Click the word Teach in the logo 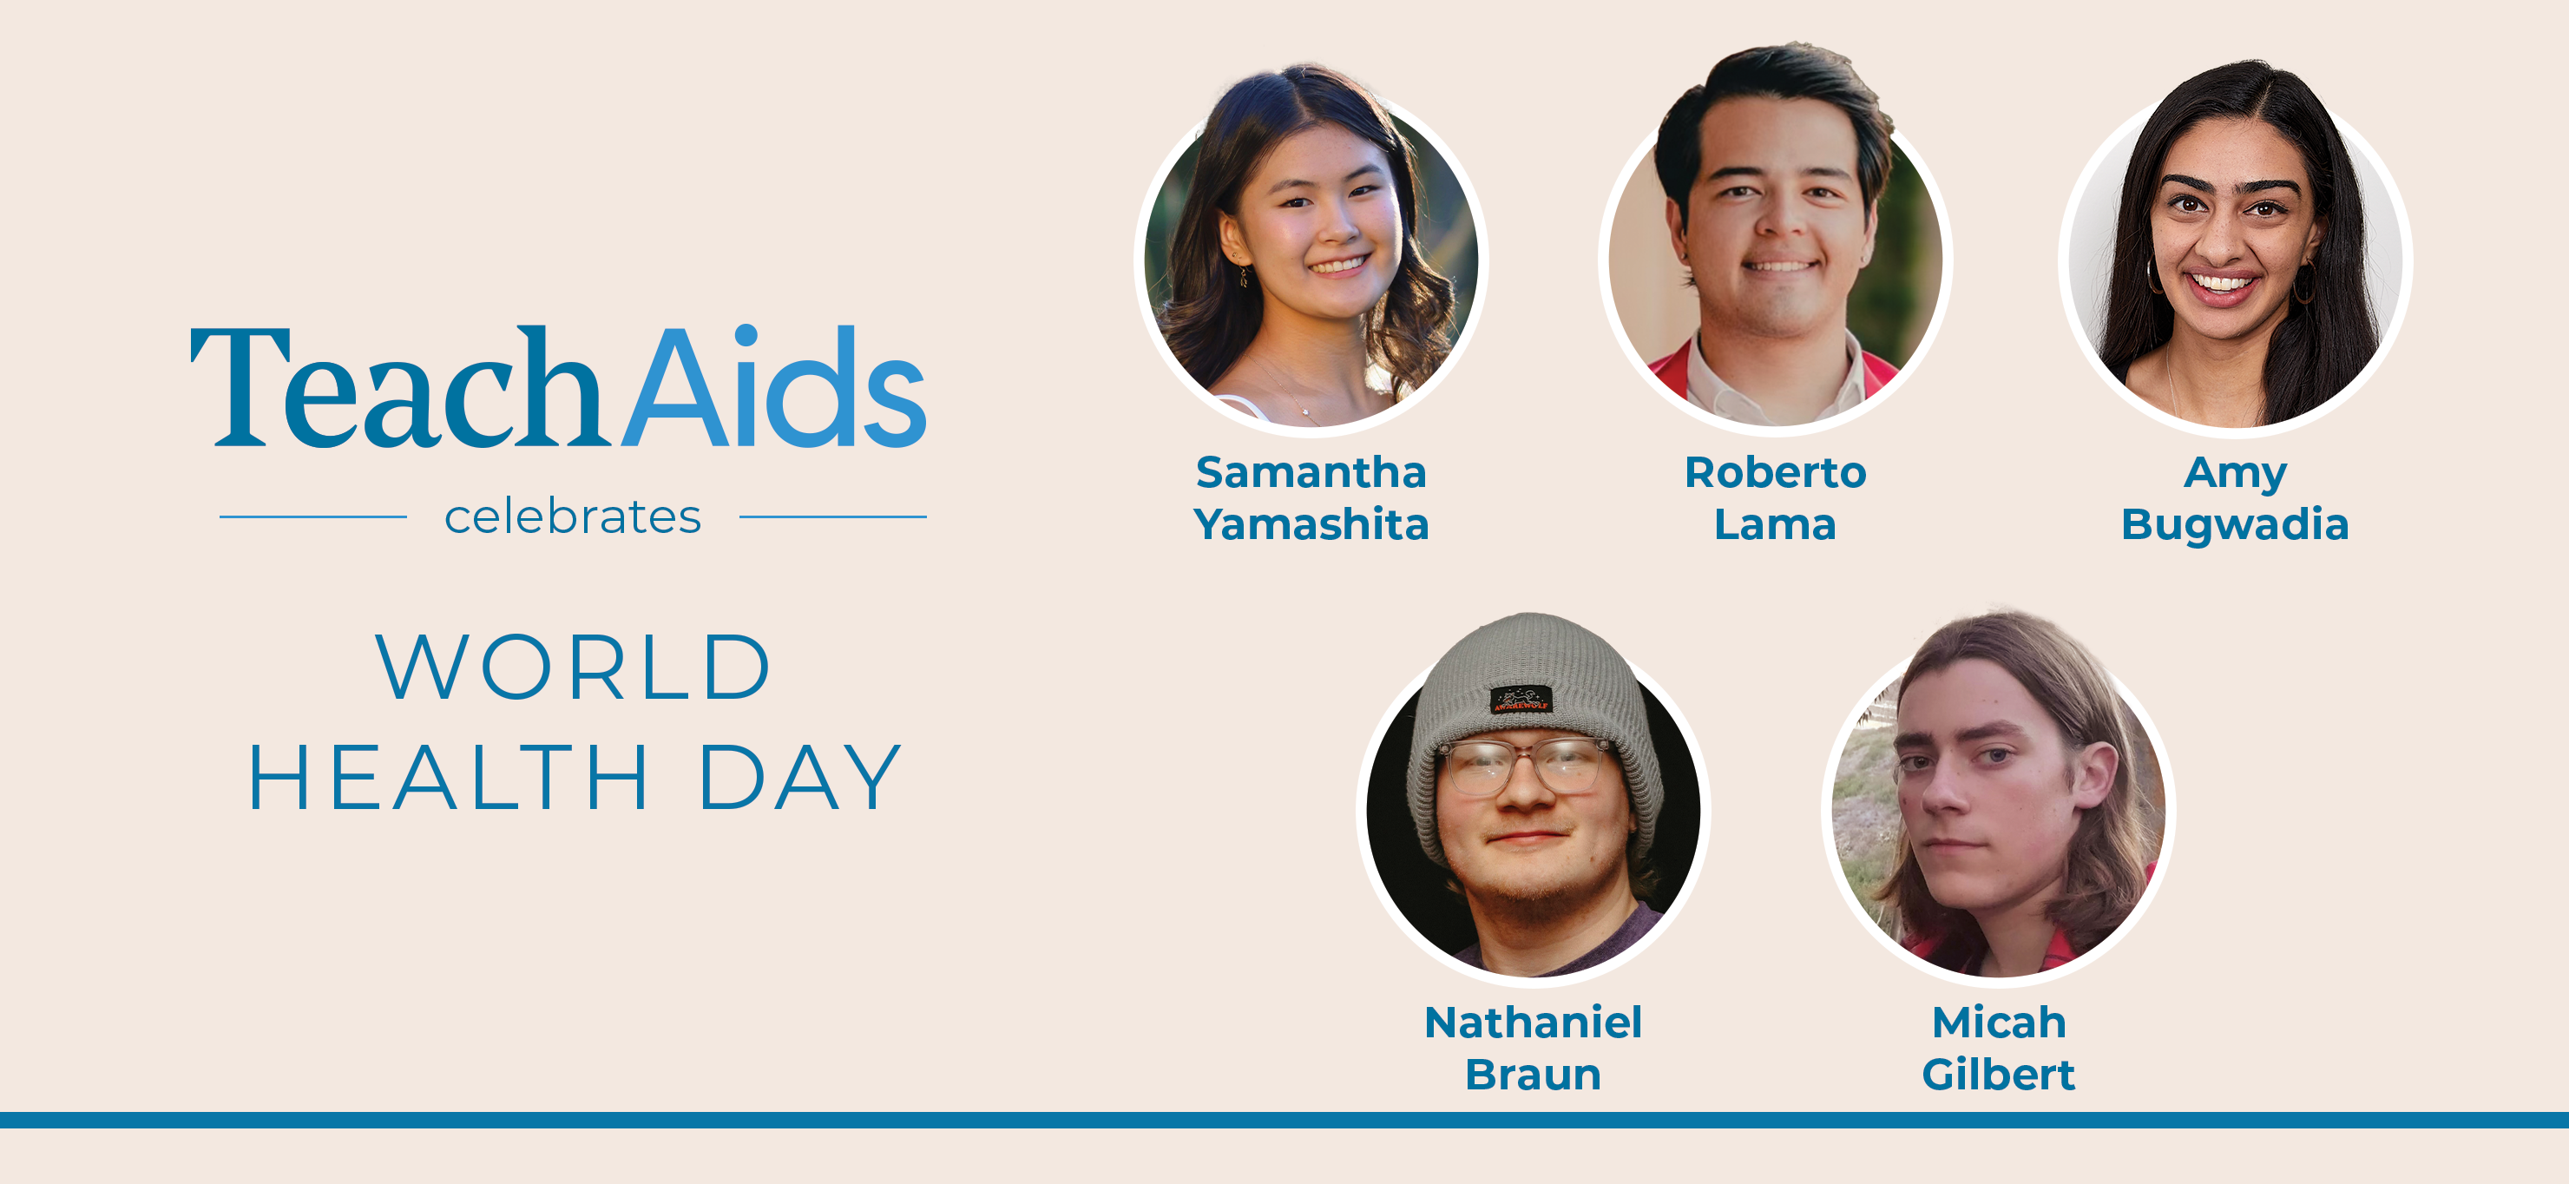point(397,386)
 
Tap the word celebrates point(573,516)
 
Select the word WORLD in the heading point(573,667)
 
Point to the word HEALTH point(449,777)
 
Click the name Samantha point(1311,472)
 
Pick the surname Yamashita point(1311,523)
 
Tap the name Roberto point(1775,472)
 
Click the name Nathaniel point(1533,1023)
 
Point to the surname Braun point(1533,1075)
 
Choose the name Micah point(1999,1023)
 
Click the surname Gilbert point(1999,1075)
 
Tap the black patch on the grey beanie point(1521,700)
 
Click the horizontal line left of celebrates point(313,516)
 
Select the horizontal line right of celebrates point(832,516)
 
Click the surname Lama point(1775,523)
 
